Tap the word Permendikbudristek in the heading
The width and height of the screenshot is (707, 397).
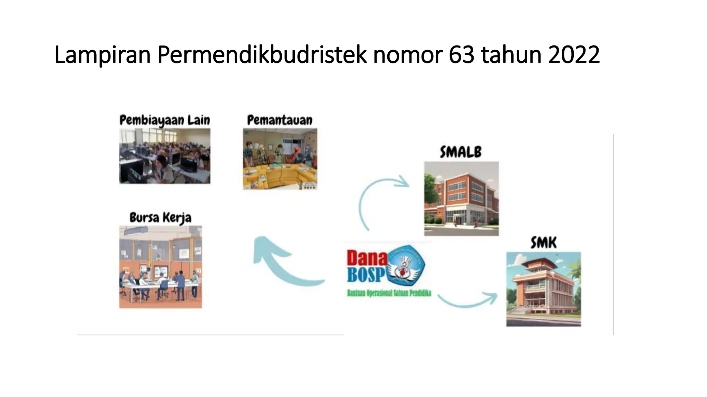coord(262,55)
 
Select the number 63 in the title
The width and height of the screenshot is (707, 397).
coord(462,55)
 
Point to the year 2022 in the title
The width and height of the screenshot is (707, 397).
coord(574,55)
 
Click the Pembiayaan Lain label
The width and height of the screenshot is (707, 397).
coord(165,120)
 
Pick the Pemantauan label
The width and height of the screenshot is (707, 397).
coord(280,120)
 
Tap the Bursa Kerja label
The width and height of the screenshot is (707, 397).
coord(161,218)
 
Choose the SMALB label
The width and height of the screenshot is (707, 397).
coord(461,152)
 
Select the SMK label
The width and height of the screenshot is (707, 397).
coord(543,243)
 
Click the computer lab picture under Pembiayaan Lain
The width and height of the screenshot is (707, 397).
coord(165,156)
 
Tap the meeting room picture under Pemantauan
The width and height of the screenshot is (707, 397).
coord(280,159)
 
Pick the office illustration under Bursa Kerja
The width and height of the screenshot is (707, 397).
coord(161,267)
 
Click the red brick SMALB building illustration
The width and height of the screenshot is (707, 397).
coord(461,199)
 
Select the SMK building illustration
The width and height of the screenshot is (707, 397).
coord(543,289)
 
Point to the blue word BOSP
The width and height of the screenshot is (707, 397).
coord(366,275)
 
